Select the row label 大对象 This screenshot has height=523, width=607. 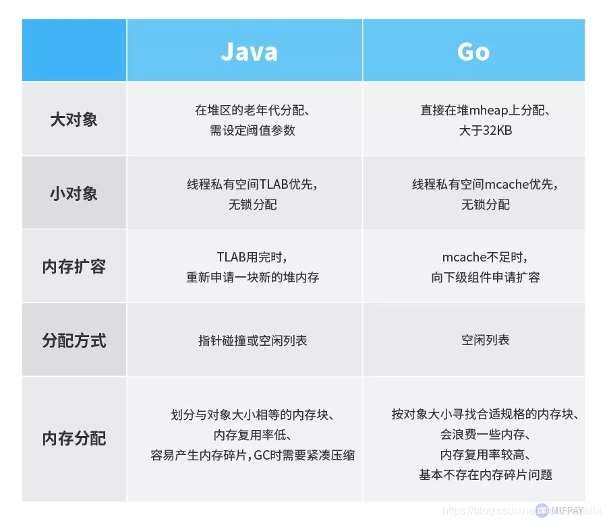74,120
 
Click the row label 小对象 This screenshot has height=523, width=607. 74,193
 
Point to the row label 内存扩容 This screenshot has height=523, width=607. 74,266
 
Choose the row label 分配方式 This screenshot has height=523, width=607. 74,340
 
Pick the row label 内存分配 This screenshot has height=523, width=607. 74,439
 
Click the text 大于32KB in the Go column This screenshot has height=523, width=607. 485,131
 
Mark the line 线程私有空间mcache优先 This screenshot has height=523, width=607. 485,184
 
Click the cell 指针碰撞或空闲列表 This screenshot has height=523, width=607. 252,340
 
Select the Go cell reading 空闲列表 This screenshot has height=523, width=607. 485,340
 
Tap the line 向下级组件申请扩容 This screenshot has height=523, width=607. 485,277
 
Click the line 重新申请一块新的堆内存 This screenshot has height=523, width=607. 252,277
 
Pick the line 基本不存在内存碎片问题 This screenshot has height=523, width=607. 485,475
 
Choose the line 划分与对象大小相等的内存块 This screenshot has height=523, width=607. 252,414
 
